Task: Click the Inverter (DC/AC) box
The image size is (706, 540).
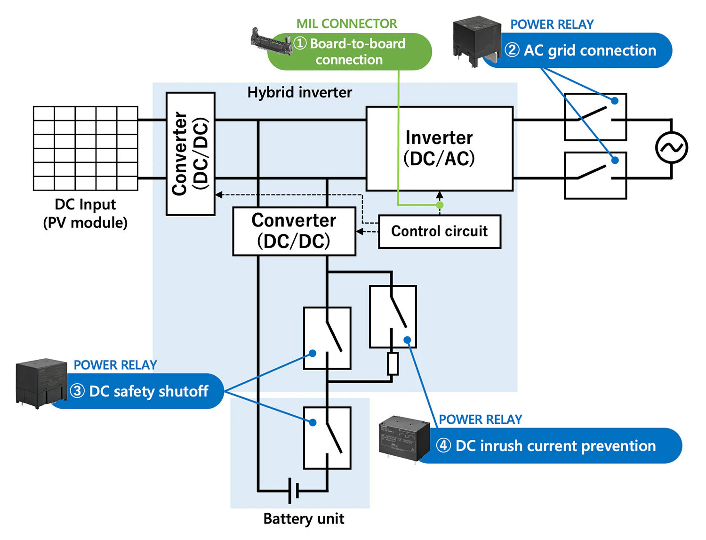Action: click(x=439, y=148)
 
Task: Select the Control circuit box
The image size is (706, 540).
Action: click(x=439, y=231)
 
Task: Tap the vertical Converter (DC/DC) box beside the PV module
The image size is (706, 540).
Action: click(x=191, y=153)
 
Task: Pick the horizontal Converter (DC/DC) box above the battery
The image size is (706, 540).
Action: click(x=294, y=231)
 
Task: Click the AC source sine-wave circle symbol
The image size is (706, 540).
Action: click(x=672, y=148)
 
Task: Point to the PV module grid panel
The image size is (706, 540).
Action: click(x=86, y=148)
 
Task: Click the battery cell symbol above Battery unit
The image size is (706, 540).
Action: click(x=293, y=491)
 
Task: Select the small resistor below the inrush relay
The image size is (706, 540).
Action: click(x=393, y=363)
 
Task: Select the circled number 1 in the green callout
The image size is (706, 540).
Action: click(x=300, y=43)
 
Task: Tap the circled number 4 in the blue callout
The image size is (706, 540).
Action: click(x=443, y=445)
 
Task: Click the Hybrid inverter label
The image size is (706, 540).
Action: click(x=299, y=92)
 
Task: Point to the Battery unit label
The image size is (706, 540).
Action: click(x=304, y=519)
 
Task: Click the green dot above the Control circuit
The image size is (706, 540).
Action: click(x=440, y=205)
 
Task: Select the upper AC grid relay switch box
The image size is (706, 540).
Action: click(x=595, y=117)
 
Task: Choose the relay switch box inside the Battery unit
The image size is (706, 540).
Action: click(x=327, y=438)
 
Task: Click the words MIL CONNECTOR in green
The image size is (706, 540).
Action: click(x=346, y=24)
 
